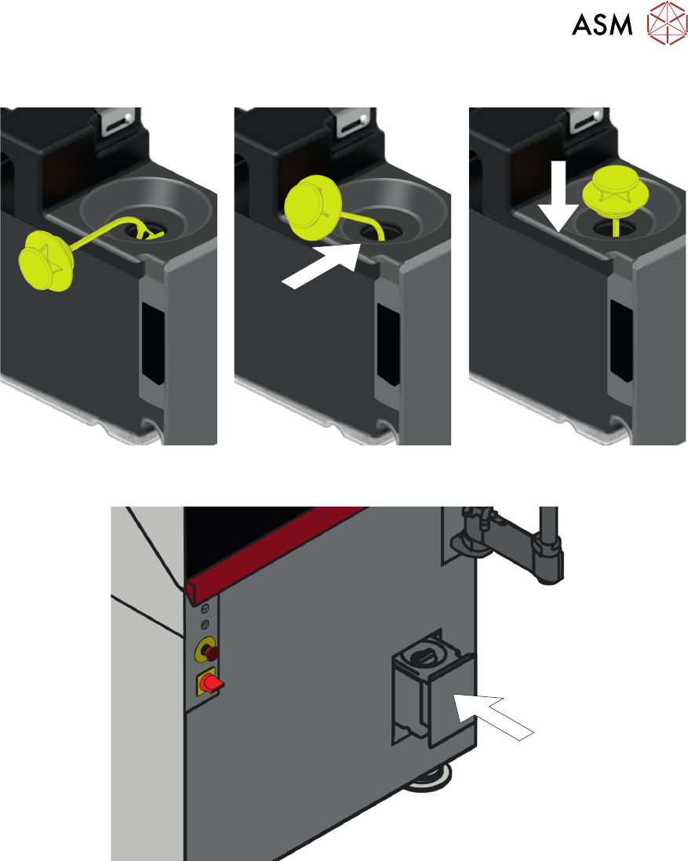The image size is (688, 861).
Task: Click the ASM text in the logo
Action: tap(602, 25)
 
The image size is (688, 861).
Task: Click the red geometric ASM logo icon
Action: tap(667, 23)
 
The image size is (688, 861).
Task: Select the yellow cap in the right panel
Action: tap(611, 190)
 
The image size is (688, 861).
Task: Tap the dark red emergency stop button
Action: tap(211, 652)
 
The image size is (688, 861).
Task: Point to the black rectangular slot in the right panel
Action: tap(621, 341)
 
